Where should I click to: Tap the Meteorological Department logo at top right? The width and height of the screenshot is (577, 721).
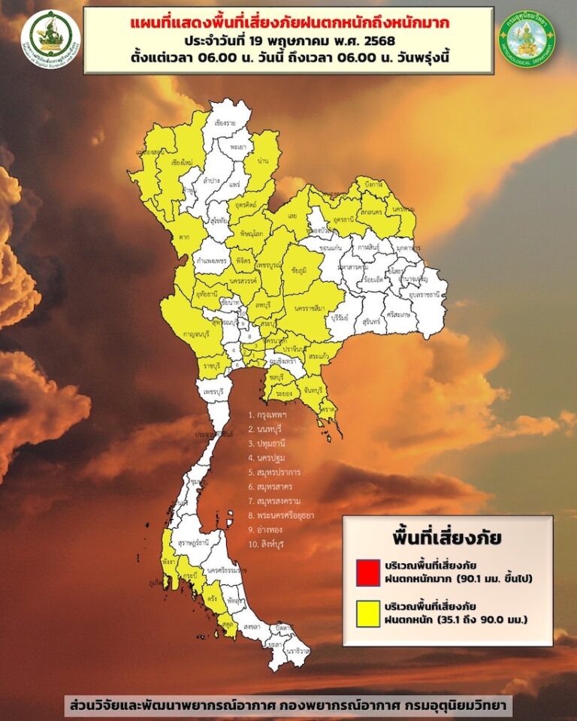[x=527, y=38]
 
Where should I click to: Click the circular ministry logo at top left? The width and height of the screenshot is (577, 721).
[x=50, y=39]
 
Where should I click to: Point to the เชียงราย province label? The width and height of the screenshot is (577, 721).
[x=225, y=122]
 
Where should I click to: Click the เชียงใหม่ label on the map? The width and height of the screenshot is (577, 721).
[x=184, y=161]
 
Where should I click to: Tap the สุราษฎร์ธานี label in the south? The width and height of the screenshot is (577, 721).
[x=192, y=541]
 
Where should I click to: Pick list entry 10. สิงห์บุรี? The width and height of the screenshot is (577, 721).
[x=271, y=542]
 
